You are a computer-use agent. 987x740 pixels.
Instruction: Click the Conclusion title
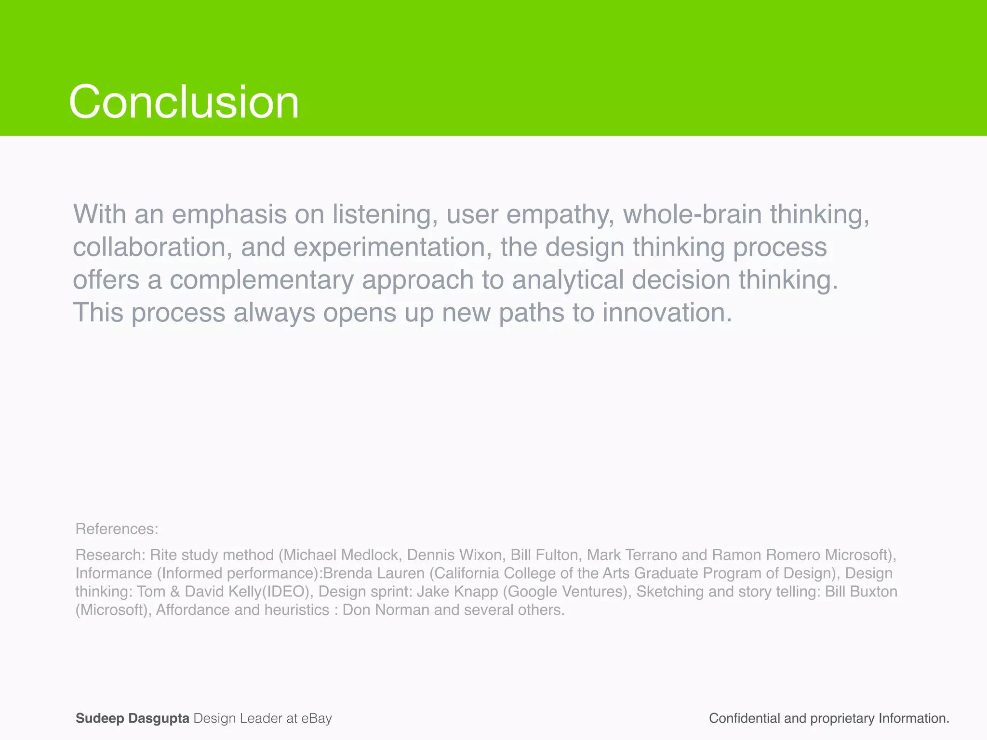pos(184,102)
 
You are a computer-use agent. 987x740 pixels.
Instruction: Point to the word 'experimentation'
pos(392,247)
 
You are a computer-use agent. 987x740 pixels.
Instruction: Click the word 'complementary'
pos(261,280)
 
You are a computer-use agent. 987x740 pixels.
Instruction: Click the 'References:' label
pos(117,529)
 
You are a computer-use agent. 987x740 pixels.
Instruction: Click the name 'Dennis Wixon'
pos(454,555)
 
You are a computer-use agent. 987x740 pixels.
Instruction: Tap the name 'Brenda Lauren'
pos(374,573)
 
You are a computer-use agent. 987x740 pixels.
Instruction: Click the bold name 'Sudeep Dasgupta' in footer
pos(133,718)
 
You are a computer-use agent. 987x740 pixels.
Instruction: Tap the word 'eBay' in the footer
pos(317,718)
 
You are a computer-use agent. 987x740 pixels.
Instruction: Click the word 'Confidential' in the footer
pos(744,718)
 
